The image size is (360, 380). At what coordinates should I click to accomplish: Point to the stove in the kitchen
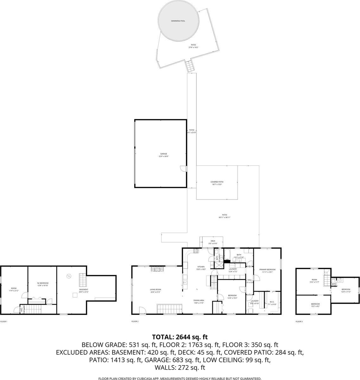pos(196,251)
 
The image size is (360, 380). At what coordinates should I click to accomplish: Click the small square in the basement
pos(74,295)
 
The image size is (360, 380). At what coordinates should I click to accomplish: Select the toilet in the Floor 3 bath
pos(333,280)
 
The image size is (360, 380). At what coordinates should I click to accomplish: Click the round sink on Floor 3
pos(340,280)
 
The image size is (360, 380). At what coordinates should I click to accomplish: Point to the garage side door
pos(183,169)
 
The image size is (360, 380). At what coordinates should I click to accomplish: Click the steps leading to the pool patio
pos(190,66)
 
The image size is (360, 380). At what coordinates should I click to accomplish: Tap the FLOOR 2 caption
pos(135,321)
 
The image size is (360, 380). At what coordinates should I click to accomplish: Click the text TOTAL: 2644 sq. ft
pos(180,337)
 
